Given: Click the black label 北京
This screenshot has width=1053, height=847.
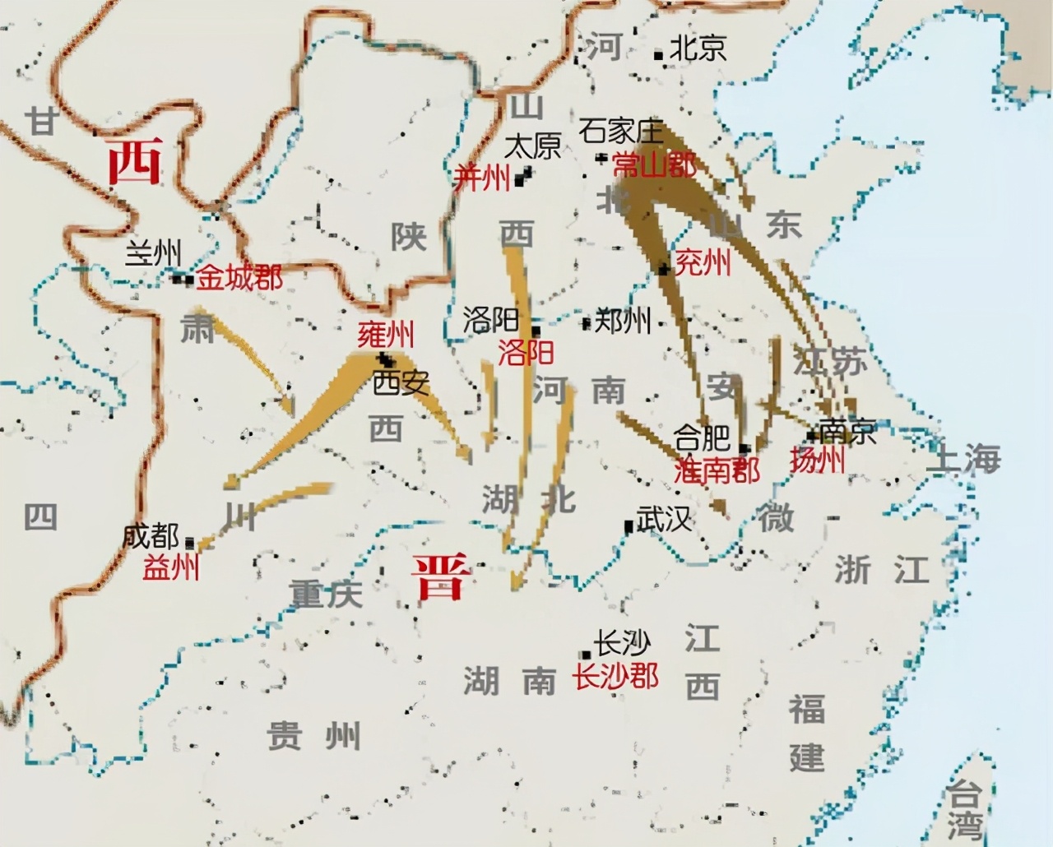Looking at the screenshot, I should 698,48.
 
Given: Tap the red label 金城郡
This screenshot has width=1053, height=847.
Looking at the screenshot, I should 239,278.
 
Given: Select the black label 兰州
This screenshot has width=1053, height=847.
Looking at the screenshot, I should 153,252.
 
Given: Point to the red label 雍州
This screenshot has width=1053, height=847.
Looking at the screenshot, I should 386,335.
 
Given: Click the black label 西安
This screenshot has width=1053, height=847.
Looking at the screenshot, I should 401,382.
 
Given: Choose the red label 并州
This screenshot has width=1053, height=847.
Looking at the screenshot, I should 483,178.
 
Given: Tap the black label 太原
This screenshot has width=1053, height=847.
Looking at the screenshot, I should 532,146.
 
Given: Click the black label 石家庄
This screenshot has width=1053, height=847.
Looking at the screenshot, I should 621,131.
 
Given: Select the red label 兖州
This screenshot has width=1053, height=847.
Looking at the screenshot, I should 703,263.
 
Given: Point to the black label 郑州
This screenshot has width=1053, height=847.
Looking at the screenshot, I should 623,321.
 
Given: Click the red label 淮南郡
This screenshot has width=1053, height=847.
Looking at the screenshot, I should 717,470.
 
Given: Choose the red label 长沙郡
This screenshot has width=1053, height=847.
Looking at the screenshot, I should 616,677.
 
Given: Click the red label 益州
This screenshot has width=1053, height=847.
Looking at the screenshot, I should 171,567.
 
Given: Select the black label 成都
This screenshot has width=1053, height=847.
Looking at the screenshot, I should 151,537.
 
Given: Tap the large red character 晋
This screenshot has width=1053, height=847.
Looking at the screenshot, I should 441,576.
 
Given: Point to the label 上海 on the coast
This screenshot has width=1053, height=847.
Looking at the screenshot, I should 963,459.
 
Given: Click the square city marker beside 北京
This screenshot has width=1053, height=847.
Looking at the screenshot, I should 658,55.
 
